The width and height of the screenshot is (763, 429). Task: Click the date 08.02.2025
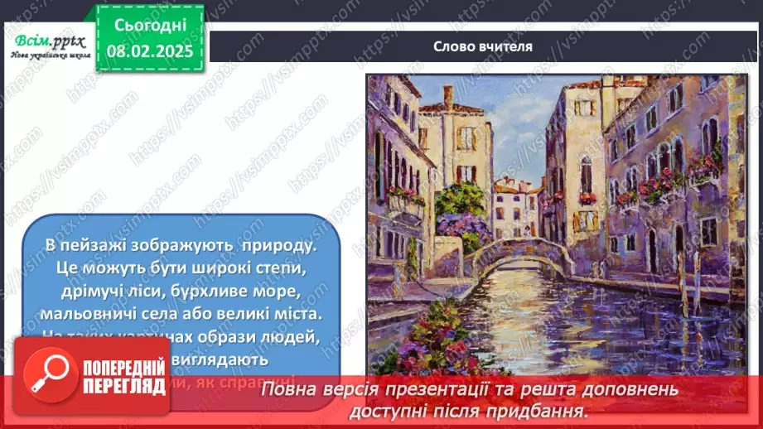coord(150,50)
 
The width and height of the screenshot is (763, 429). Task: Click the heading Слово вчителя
coord(482,46)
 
